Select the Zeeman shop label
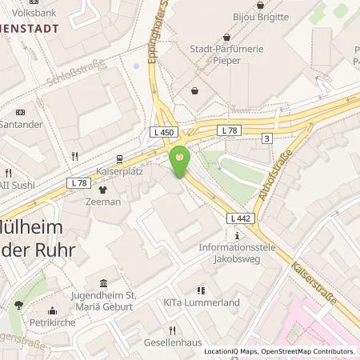click(103, 202)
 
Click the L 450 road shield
click(161, 132)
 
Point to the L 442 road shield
click(239, 218)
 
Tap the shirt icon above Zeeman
click(103, 190)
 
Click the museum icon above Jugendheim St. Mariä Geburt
click(104, 283)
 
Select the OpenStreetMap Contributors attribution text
click(309, 351)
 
